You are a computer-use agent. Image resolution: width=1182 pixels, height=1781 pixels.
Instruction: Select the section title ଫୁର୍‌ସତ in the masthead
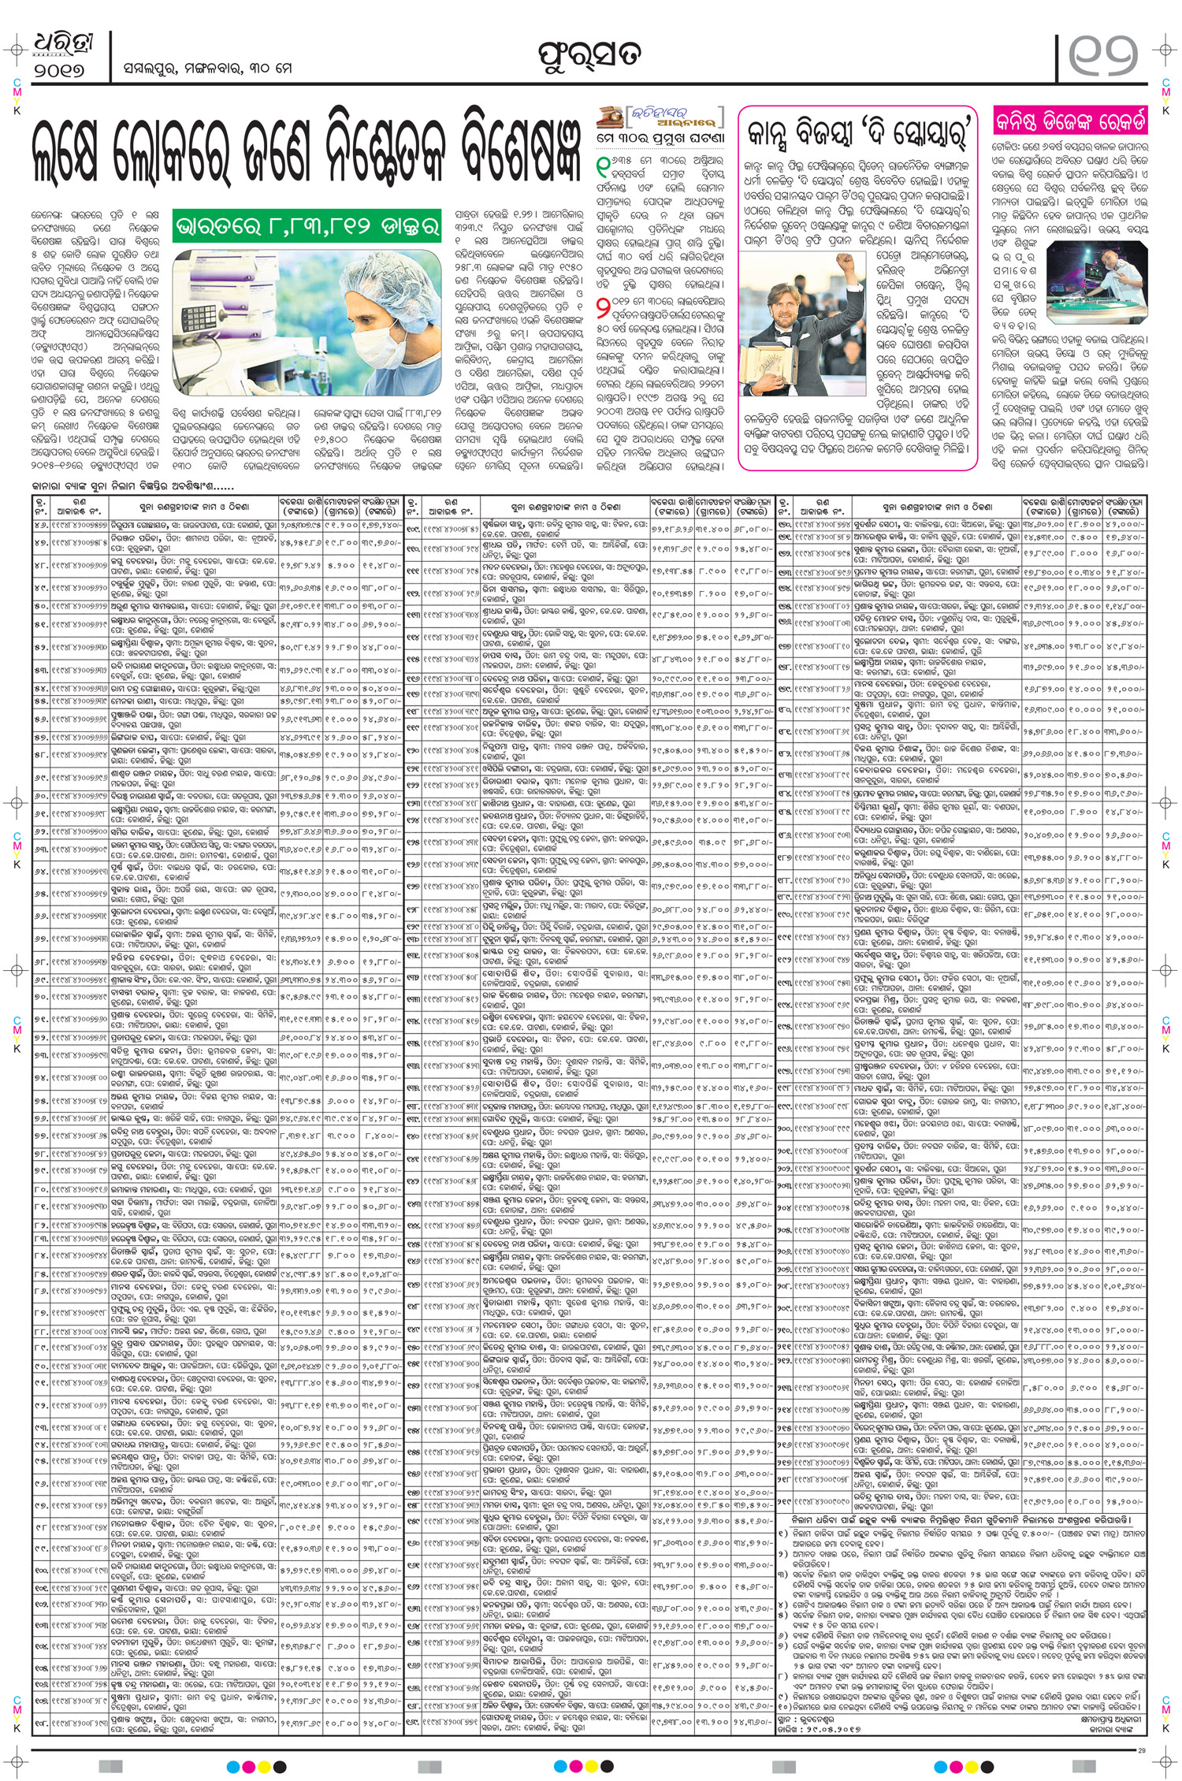point(589,54)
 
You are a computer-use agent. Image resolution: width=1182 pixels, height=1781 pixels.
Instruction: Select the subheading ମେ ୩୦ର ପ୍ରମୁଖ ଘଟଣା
point(660,138)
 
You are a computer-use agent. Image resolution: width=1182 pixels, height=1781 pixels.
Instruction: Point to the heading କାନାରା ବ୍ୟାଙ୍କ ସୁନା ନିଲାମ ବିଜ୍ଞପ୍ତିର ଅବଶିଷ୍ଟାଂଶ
point(133,486)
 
